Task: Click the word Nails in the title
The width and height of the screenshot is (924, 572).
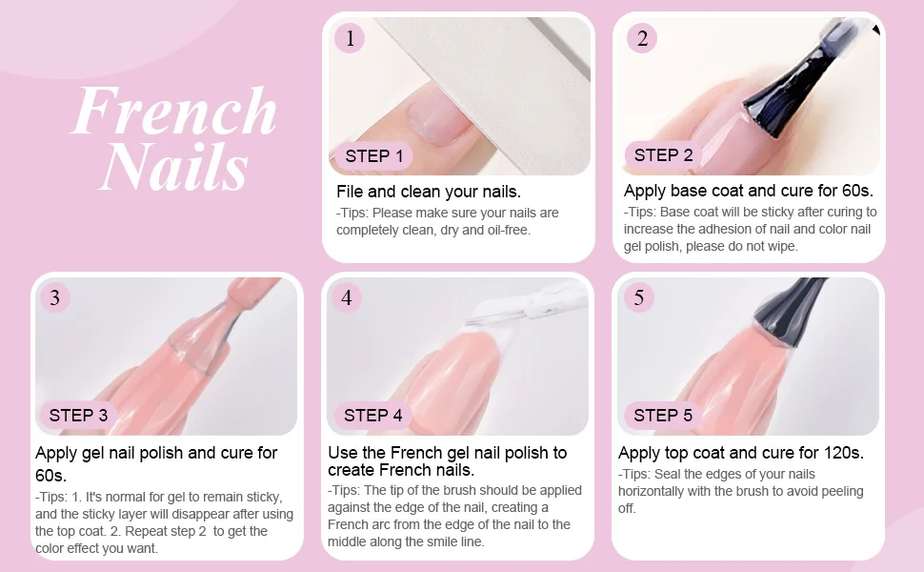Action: click(x=175, y=166)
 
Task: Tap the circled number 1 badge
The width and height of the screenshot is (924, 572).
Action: click(x=350, y=38)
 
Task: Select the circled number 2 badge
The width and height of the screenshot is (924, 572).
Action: click(x=642, y=38)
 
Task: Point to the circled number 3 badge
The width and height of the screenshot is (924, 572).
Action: click(x=55, y=297)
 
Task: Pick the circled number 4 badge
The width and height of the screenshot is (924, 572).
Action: click(x=347, y=297)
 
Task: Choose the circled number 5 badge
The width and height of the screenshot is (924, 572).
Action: click(x=639, y=297)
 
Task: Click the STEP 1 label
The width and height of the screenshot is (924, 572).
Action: click(x=374, y=156)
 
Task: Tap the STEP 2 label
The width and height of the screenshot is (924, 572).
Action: click(x=664, y=155)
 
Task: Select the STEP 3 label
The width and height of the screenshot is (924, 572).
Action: click(x=78, y=415)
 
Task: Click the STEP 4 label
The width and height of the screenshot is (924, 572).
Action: click(x=373, y=415)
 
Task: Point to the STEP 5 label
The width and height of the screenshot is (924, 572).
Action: click(x=663, y=415)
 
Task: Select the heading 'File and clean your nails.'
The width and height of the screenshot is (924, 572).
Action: click(x=429, y=192)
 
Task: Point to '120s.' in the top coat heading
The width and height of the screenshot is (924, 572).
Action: click(x=843, y=453)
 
